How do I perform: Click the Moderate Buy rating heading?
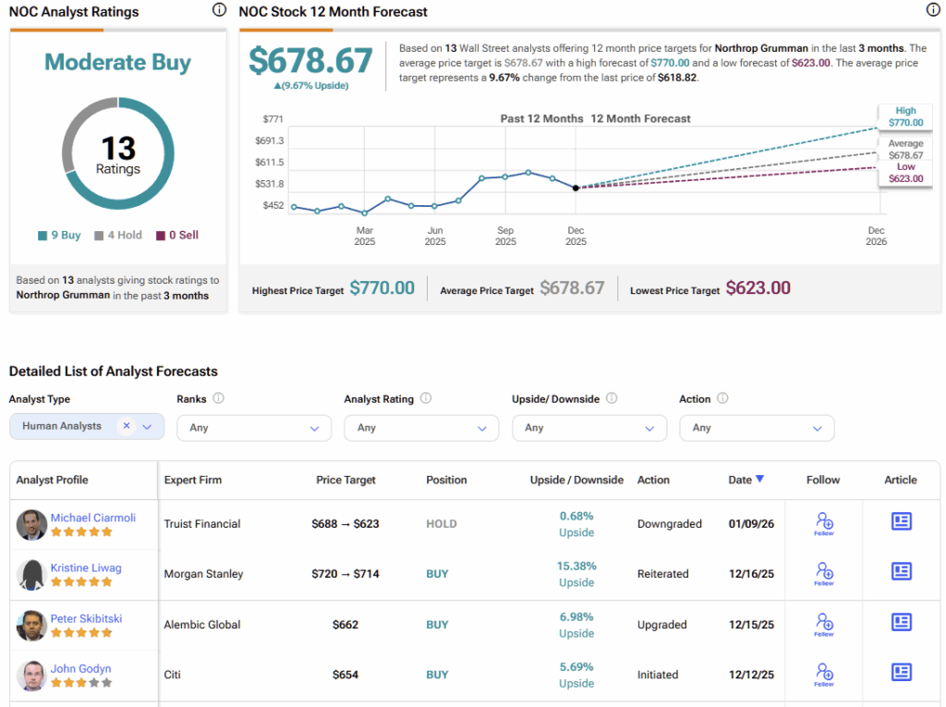(117, 63)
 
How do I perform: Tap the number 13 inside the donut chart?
(118, 148)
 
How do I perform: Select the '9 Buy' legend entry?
(60, 235)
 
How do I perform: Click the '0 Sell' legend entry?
(177, 235)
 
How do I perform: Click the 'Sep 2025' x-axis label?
(505, 236)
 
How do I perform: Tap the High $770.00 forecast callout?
(905, 116)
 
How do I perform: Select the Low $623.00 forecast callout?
(905, 173)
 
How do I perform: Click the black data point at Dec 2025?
(576, 188)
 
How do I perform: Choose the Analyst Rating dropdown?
(420, 428)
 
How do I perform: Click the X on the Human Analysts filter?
(127, 426)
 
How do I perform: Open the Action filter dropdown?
(756, 428)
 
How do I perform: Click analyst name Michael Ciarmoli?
(92, 518)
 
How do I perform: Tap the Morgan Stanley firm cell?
(202, 574)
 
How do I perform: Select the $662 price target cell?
(346, 625)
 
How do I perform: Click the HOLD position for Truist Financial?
(441, 524)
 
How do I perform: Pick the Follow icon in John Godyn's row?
(823, 674)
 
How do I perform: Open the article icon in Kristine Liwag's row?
(901, 572)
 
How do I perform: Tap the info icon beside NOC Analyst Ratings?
(219, 11)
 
